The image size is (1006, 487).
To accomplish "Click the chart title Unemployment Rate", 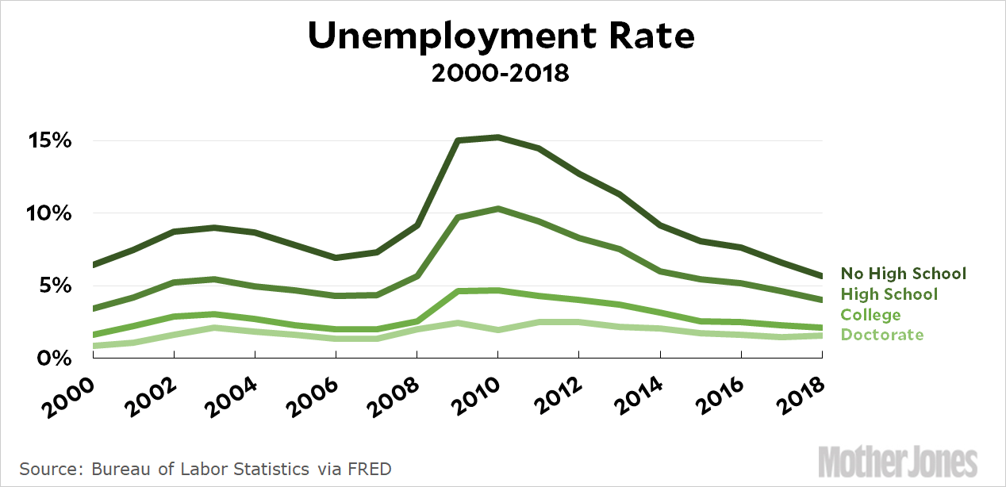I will [x=501, y=36].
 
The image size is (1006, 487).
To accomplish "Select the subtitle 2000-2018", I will [x=501, y=74].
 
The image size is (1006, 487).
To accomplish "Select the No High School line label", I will [x=904, y=274].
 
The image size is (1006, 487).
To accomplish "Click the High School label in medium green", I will [x=889, y=294].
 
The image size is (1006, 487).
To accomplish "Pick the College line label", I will [x=871, y=315].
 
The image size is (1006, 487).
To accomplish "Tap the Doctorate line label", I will [x=882, y=335].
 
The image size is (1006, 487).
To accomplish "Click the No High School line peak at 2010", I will [x=497, y=137].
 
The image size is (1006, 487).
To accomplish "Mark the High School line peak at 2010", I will [x=497, y=209].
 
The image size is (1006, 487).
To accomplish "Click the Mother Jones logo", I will [x=898, y=461].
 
